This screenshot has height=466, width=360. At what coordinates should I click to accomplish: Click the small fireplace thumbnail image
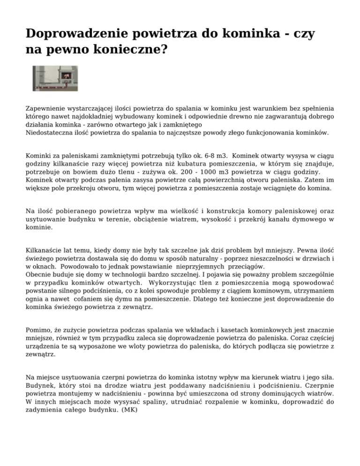coord(55,78)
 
